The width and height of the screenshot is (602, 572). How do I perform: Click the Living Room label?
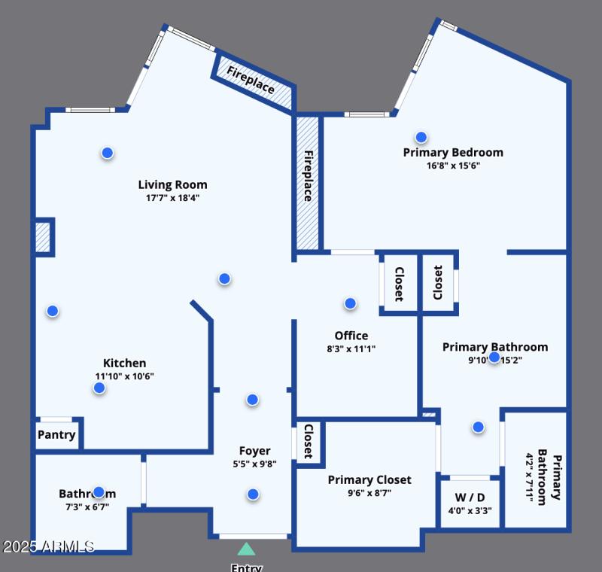coord(172,184)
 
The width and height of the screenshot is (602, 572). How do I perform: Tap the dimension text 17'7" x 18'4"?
coord(172,198)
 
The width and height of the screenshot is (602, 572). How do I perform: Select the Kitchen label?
coord(124,363)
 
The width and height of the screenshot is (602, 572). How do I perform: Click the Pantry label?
coord(56,435)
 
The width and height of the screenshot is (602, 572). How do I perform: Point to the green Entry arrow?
coord(246,549)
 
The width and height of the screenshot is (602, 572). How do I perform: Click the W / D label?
coord(469,497)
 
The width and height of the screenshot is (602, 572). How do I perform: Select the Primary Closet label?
coord(369,479)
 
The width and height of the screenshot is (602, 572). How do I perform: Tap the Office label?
coord(351,336)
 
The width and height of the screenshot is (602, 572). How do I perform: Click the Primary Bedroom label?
coord(453,152)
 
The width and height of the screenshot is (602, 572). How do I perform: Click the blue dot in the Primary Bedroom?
coord(421,137)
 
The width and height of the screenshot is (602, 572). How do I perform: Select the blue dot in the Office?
coord(350,303)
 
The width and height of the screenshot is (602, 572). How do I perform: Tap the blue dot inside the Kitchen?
coord(99,388)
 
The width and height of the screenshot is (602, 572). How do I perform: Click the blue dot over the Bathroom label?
coord(99,492)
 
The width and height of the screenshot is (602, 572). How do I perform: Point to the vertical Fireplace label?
coord(308,176)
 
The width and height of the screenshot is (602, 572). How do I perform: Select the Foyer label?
coord(254,451)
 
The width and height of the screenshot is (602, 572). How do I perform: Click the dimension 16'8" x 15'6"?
coord(453,166)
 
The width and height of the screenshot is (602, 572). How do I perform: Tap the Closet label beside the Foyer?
coord(309,441)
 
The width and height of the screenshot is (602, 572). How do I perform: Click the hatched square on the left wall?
coord(43,237)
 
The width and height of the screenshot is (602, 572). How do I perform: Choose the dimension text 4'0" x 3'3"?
coord(469,511)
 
